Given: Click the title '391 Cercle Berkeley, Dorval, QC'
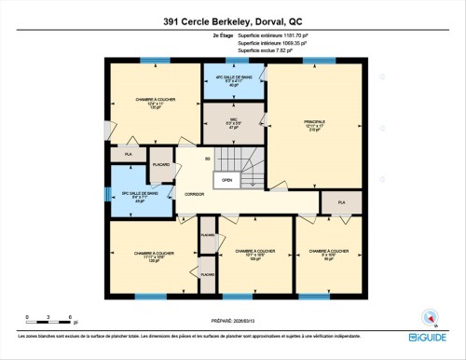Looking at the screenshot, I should (x=233, y=21).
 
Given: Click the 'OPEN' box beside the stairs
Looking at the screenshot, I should (x=226, y=181).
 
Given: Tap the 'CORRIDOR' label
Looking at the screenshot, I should (x=196, y=194).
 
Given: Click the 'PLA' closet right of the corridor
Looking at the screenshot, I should (x=341, y=201).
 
